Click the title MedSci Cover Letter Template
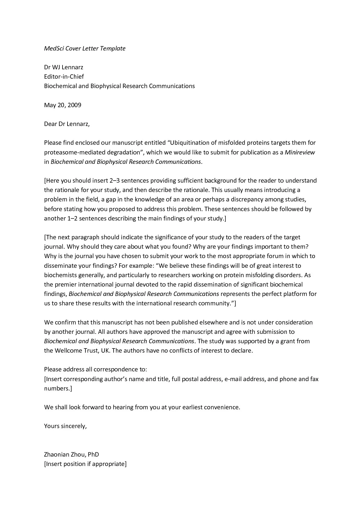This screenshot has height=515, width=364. [x=85, y=48]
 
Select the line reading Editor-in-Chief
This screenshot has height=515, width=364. [x=64, y=77]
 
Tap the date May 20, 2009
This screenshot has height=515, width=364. [x=63, y=105]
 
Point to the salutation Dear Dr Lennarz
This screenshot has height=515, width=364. [x=66, y=124]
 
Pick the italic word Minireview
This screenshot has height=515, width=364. [x=300, y=152]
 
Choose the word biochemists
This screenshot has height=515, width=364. [x=60, y=275]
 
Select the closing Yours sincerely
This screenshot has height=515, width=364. [x=65, y=426]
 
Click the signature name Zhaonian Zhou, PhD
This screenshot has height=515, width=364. [x=71, y=455]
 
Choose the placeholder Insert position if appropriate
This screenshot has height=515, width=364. [x=85, y=464]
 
